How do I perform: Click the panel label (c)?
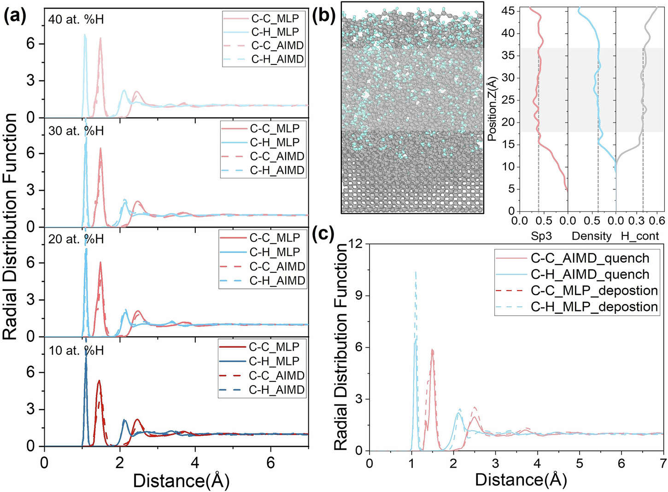pyautogui.click(x=324, y=234)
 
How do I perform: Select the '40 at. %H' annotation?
pyautogui.click(x=76, y=20)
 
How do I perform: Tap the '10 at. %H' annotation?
pyautogui.click(x=76, y=351)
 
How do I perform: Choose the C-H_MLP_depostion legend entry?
pyautogui.click(x=594, y=306)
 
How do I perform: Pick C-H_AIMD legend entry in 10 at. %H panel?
pyautogui.click(x=276, y=390)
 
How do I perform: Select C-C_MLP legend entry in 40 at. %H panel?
pyautogui.click(x=275, y=18)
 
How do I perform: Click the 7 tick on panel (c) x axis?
pyautogui.click(x=663, y=463)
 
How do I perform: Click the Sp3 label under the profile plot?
pyautogui.click(x=541, y=236)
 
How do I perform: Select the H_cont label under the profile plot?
pyautogui.click(x=640, y=236)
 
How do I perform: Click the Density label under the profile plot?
pyautogui.click(x=592, y=236)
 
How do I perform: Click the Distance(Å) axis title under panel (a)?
pyautogui.click(x=181, y=480)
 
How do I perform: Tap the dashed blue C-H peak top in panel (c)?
pyautogui.click(x=416, y=272)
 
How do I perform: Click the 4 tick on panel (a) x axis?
pyautogui.click(x=195, y=462)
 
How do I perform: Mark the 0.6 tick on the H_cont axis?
pyautogui.click(x=659, y=221)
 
